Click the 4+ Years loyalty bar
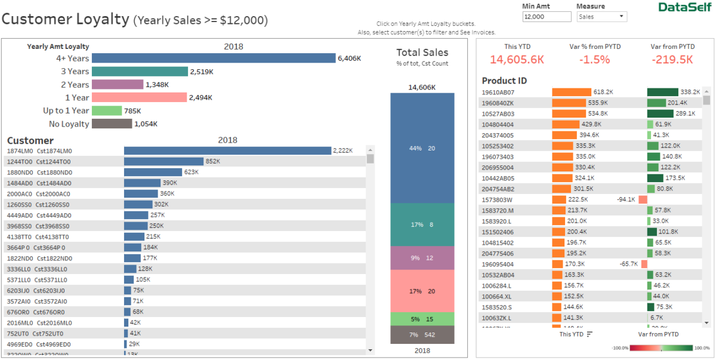[x=214, y=58]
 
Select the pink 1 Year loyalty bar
[x=140, y=97]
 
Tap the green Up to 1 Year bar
[x=107, y=110]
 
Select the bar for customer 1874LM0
[x=227, y=151]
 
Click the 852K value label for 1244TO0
[x=212, y=162]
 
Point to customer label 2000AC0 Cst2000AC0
[x=39, y=194]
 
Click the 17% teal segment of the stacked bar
[x=422, y=224]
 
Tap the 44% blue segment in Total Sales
[x=422, y=148]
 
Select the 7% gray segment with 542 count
[x=422, y=335]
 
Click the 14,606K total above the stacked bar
[x=422, y=87]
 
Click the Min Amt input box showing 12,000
[x=546, y=17]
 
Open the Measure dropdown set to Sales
[x=601, y=17]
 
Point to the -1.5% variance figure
[x=595, y=60]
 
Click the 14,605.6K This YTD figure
[x=517, y=60]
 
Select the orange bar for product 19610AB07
[x=571, y=92]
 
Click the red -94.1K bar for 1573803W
[x=643, y=199]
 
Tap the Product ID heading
[x=504, y=81]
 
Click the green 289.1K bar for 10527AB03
[x=660, y=113]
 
